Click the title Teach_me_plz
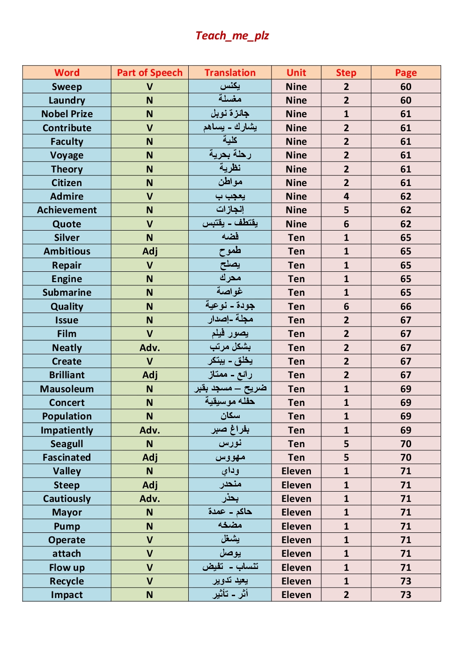point(232,36)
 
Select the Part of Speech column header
point(149,73)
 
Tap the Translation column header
point(230,73)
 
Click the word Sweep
point(67,87)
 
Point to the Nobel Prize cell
point(67,114)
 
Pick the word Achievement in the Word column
point(67,210)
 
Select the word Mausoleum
point(67,389)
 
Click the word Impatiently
point(67,430)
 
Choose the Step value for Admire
point(346,196)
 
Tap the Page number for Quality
point(406,307)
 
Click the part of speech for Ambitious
point(149,251)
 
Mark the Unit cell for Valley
point(296,471)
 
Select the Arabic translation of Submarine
point(230,292)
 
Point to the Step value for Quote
point(346,224)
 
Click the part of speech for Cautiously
point(149,499)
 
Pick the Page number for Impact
point(406,595)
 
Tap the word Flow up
point(67,568)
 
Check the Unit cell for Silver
point(296,238)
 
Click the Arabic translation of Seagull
point(230,444)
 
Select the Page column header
point(406,73)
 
